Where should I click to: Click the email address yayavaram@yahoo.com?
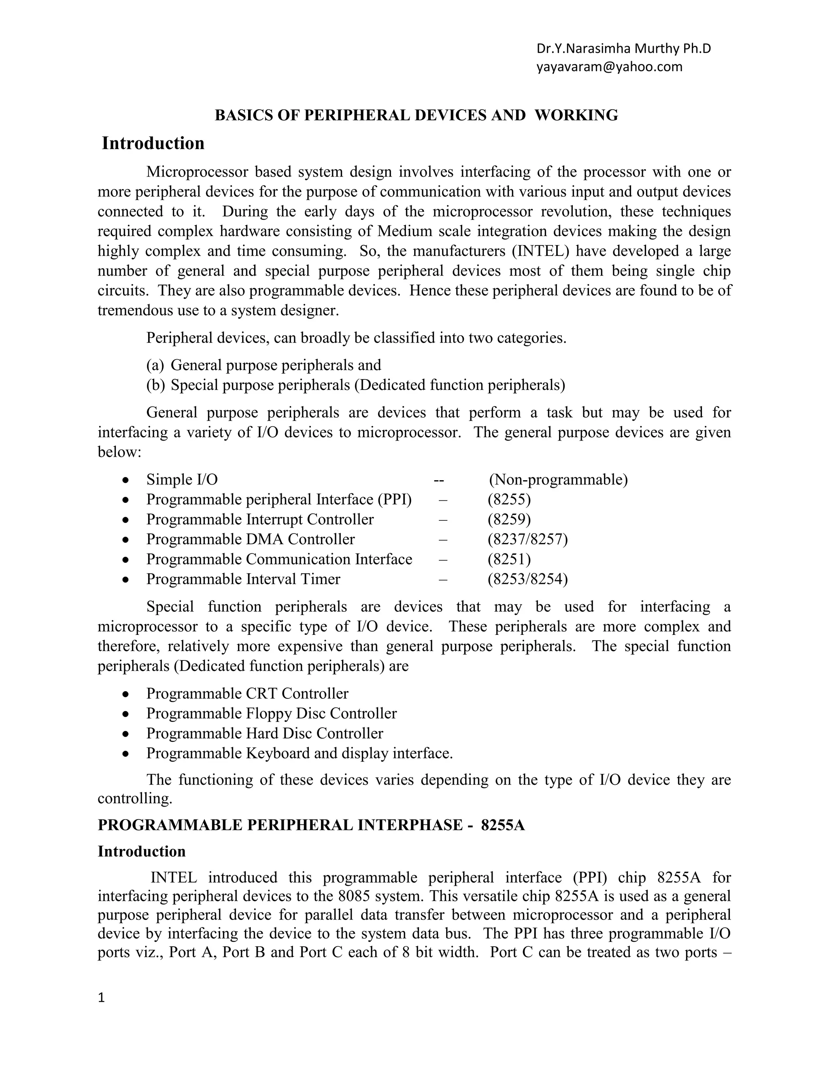(609, 67)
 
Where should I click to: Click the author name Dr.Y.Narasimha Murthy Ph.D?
(623, 49)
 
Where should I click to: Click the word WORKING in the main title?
(576, 115)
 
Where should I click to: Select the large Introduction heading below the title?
(153, 143)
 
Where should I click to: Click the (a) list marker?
(155, 365)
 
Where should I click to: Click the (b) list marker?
(155, 385)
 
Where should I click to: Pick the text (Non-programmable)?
(558, 479)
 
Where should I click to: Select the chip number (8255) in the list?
(509, 500)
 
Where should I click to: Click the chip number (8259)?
(509, 519)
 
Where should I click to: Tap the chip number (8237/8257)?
(527, 539)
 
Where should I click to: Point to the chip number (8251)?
(509, 559)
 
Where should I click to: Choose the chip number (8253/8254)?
(527, 579)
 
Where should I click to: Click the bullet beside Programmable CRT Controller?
(126, 694)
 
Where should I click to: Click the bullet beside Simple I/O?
(126, 480)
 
